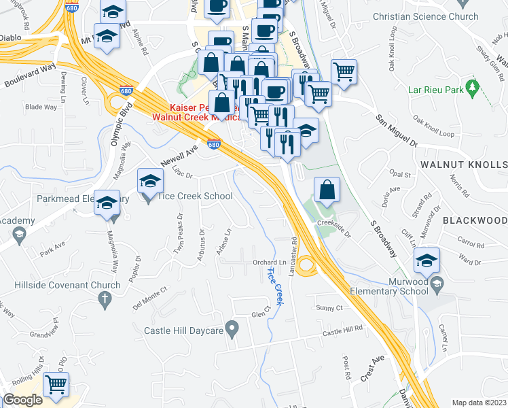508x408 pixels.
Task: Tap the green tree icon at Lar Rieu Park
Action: tap(473, 88)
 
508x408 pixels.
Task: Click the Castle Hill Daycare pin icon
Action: tap(232, 330)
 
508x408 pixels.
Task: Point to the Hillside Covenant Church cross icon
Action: tap(105, 298)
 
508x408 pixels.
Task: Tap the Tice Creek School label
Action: tap(195, 197)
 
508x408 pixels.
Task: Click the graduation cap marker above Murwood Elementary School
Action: tap(427, 261)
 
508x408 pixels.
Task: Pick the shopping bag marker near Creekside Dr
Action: tap(327, 190)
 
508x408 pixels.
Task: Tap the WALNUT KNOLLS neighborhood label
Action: tap(463, 165)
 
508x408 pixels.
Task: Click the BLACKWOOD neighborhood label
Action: tap(475, 221)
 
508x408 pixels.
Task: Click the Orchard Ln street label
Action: tap(270, 262)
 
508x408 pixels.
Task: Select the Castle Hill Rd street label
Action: tap(343, 330)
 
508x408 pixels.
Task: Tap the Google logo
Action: tap(22, 400)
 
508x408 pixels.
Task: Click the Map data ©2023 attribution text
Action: tap(479, 402)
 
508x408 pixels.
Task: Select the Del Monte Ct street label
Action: tap(150, 297)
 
